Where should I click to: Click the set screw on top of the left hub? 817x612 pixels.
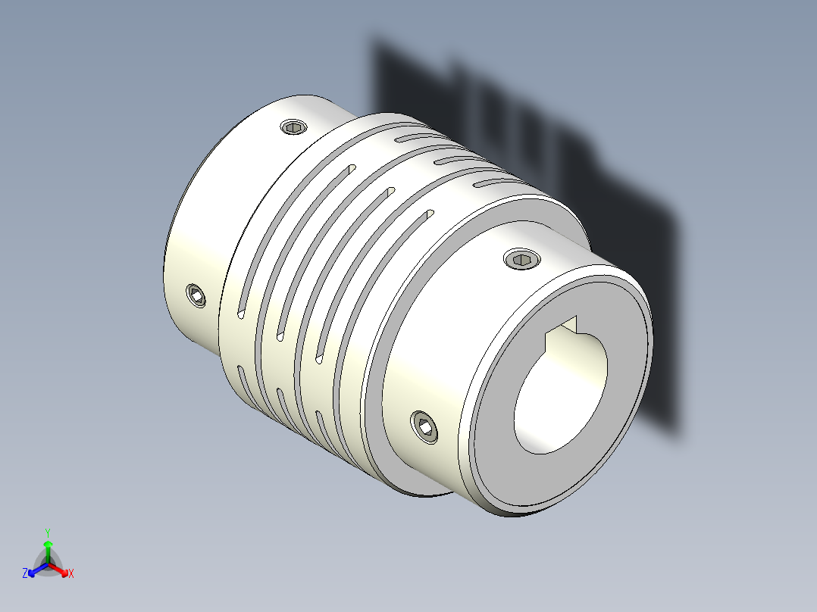click(294, 127)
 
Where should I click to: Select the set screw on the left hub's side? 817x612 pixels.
click(197, 295)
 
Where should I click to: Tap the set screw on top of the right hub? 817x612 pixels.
click(521, 261)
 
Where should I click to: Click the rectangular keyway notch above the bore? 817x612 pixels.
click(565, 327)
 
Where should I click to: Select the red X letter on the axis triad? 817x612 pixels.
click(71, 574)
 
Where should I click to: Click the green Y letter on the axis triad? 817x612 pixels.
click(48, 532)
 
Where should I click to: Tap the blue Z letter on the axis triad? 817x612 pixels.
click(25, 574)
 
